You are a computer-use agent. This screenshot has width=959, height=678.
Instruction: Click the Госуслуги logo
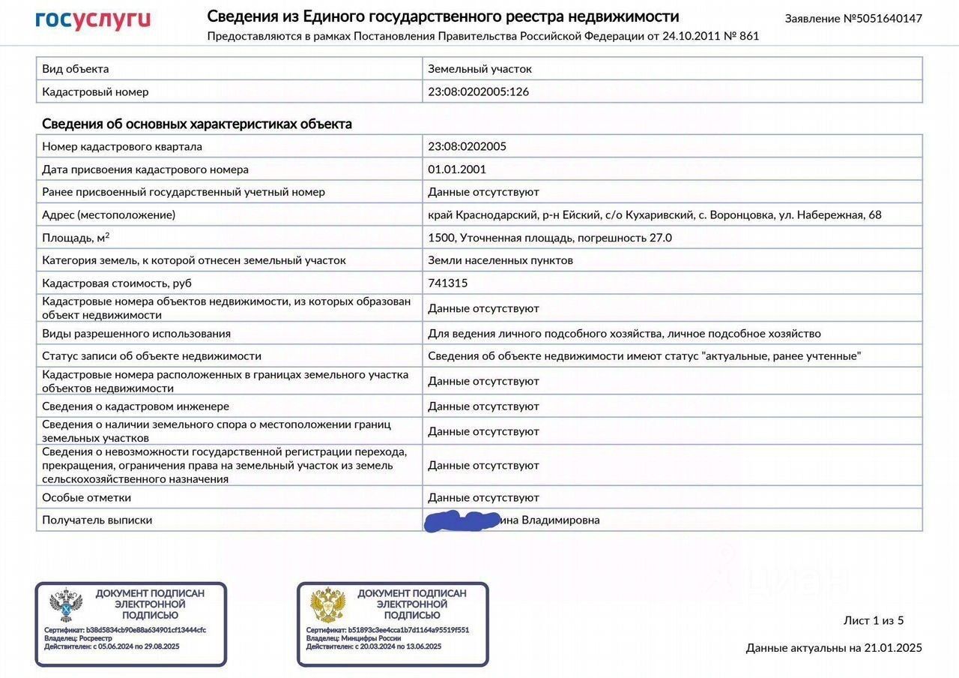(x=93, y=20)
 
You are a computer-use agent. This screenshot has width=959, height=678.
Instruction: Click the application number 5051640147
(x=883, y=19)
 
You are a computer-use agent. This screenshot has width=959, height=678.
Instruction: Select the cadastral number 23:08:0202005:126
(x=478, y=91)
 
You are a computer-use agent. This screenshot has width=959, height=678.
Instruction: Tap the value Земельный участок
(x=479, y=69)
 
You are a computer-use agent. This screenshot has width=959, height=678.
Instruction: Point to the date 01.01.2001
(x=457, y=169)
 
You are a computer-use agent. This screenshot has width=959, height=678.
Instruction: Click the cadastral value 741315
(x=447, y=283)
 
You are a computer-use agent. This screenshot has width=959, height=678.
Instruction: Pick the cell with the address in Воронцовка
(x=654, y=215)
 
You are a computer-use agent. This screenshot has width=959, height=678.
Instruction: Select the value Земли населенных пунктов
(x=500, y=260)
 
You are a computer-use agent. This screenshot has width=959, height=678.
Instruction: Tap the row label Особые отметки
(x=86, y=497)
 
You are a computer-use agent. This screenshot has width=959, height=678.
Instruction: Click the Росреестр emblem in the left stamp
(x=66, y=605)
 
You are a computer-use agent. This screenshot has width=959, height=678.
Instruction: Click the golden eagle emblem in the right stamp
(x=327, y=605)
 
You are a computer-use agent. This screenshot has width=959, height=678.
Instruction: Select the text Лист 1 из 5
(x=874, y=620)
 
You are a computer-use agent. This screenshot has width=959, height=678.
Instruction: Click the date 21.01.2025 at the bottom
(x=893, y=648)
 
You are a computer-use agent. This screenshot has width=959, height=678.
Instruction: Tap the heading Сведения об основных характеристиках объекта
(x=196, y=124)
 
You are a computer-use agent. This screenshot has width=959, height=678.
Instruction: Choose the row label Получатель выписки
(x=97, y=520)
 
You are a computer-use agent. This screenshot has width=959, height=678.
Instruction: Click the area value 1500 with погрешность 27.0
(x=549, y=238)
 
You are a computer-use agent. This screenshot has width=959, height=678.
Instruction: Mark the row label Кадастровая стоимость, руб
(x=116, y=283)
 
